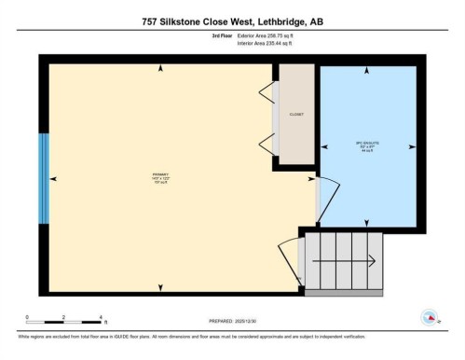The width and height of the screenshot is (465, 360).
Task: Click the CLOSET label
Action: pyautogui.click(x=296, y=115)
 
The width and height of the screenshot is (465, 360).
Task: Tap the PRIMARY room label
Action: pyautogui.click(x=160, y=177)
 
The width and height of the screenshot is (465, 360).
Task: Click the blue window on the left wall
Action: pyautogui.click(x=43, y=177)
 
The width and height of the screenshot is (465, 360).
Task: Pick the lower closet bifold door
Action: pyautogui.click(x=268, y=144)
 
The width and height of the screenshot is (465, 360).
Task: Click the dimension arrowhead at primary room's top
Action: pyautogui.click(x=161, y=68)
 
